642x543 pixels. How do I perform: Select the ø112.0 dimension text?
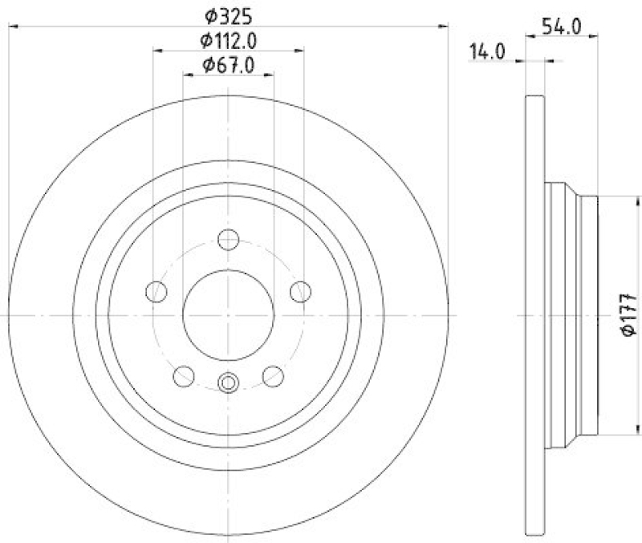[229, 39]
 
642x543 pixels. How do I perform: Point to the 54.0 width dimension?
[561, 26]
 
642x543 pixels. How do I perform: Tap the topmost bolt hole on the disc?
[229, 239]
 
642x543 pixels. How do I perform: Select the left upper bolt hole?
[157, 291]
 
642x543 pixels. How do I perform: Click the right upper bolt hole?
[301, 291]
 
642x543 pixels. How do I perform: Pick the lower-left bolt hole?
[185, 375]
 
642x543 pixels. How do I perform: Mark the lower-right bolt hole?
[274, 375]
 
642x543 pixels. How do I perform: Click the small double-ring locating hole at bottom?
[229, 383]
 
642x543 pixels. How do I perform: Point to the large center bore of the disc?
[229, 314]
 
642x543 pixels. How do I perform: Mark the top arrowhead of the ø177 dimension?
[607, 200]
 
